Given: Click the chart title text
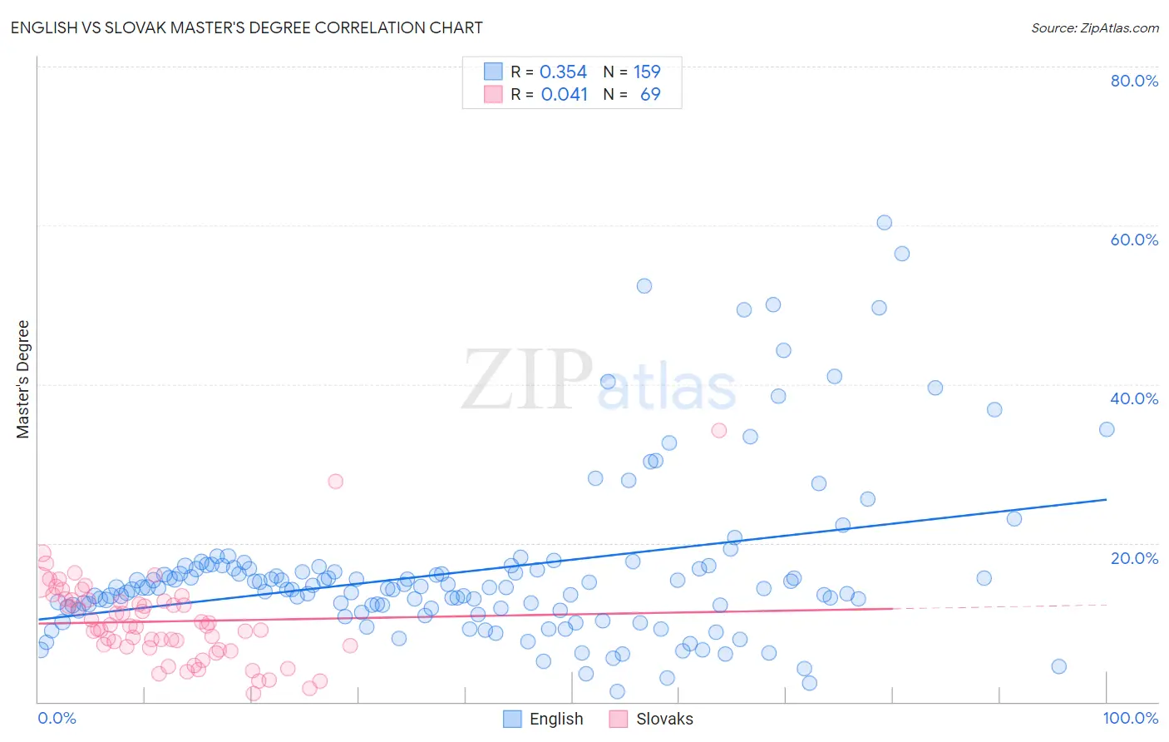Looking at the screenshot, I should pyautogui.click(x=246, y=27).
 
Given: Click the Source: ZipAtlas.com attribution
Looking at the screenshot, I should pyautogui.click(x=1094, y=27).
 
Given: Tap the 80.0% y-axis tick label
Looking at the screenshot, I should pyautogui.click(x=1134, y=81).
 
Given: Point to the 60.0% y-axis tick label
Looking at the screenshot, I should pyautogui.click(x=1134, y=240).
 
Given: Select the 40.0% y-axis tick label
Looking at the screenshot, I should pyautogui.click(x=1134, y=398).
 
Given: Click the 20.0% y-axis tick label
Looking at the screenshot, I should pyautogui.click(x=1134, y=558).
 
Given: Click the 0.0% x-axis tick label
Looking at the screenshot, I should pyautogui.click(x=57, y=718).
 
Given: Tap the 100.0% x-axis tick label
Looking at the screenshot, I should pyautogui.click(x=1130, y=718).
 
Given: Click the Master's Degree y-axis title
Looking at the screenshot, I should pyautogui.click(x=23, y=379).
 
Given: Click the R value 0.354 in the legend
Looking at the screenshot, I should pyautogui.click(x=563, y=72).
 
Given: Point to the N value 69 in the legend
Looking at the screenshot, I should pyautogui.click(x=650, y=95).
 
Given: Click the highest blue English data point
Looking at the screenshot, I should pyautogui.click(x=884, y=223).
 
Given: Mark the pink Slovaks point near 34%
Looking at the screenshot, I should pyautogui.click(x=719, y=430).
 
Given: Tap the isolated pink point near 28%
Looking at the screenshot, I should pyautogui.click(x=336, y=481).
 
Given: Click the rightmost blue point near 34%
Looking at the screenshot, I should pyautogui.click(x=1107, y=429).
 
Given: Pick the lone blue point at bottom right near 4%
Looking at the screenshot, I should pyautogui.click(x=1058, y=666).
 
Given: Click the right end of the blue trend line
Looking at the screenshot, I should pyautogui.click(x=1106, y=499).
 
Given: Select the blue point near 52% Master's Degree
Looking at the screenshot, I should pyautogui.click(x=644, y=286).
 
